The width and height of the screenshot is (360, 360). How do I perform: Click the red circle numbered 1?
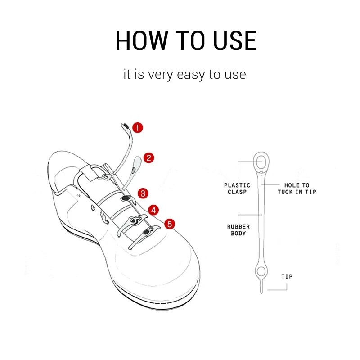point(138,127)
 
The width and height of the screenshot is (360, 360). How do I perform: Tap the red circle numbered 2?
point(148,158)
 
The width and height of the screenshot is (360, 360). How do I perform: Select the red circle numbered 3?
point(142,193)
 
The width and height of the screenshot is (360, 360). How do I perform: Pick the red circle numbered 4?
point(154,210)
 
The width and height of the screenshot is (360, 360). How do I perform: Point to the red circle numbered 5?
point(170,223)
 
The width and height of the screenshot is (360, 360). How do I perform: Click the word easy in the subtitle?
point(185,75)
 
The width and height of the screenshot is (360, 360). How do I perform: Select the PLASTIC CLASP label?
point(237,188)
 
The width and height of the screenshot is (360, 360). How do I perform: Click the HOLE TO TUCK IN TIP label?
point(297,188)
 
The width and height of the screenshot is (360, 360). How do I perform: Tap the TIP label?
point(287,276)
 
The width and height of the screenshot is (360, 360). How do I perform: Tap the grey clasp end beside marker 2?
point(136,162)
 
